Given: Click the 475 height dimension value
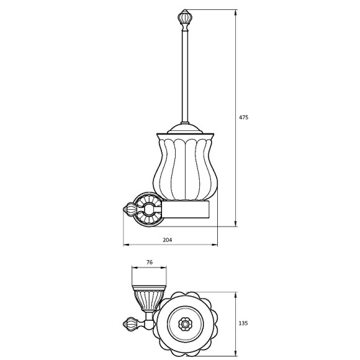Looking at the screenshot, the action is tap(243, 117).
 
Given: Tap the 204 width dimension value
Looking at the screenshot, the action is tap(168, 240).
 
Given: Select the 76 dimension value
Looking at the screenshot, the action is tap(149, 262).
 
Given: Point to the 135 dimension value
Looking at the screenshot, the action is tap(243, 323).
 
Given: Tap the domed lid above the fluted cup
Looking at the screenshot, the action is tap(185, 129).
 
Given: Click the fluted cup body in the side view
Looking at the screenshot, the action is tap(185, 167).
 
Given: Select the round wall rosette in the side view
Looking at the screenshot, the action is tap(149, 209).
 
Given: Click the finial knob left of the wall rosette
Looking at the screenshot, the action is tap(130, 209).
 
